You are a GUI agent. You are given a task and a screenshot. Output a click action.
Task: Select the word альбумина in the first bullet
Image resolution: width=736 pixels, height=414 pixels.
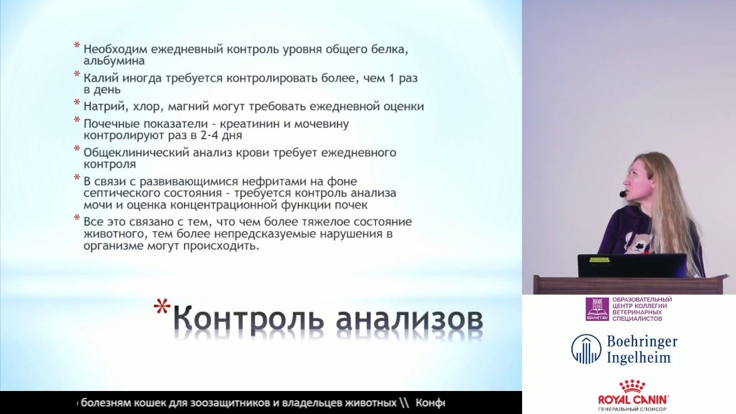(114, 61)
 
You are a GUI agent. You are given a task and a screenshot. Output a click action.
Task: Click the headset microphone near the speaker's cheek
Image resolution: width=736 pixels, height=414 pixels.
(622, 194)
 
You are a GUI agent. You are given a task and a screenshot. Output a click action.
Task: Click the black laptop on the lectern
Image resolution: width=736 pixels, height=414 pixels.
(632, 266)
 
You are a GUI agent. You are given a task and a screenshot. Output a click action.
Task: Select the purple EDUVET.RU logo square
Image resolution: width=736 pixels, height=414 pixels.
(597, 309)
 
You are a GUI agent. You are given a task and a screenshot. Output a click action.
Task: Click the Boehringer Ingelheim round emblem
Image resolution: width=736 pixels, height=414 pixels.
(586, 349)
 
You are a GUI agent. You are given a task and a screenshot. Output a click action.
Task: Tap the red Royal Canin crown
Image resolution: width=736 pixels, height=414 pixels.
(631, 386)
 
